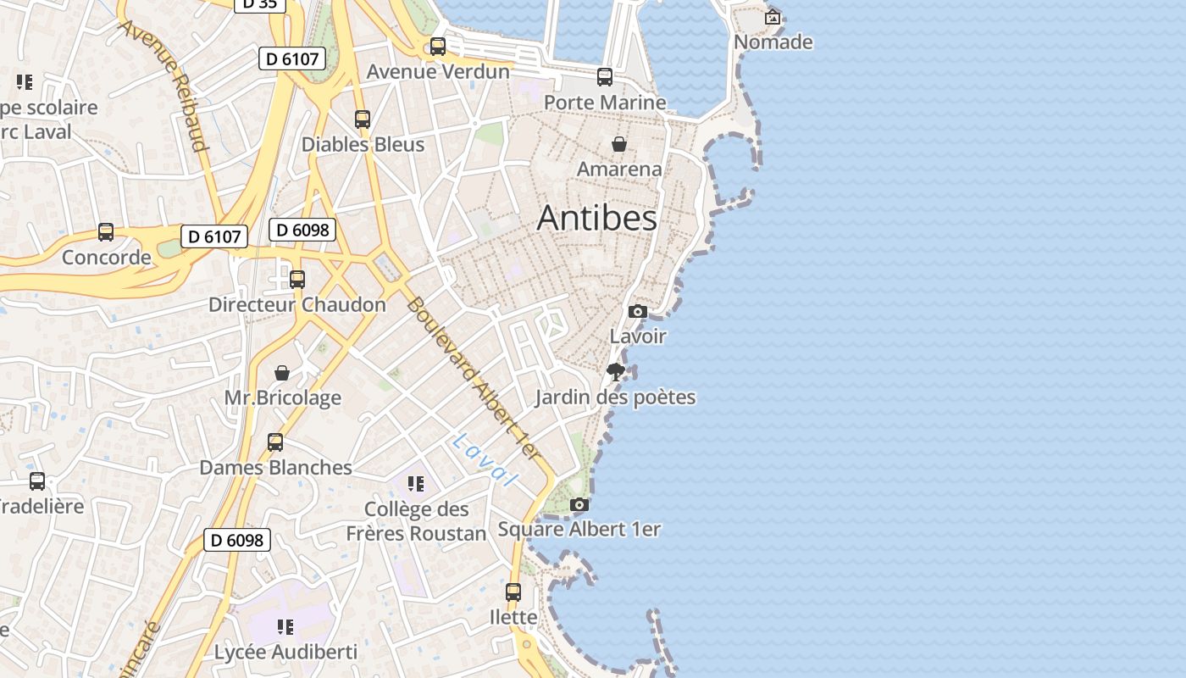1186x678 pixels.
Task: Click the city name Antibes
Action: [x=597, y=218]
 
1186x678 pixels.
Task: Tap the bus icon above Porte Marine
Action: [x=605, y=77]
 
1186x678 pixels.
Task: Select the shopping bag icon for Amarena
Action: [x=619, y=144]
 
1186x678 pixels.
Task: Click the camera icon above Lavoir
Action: [x=638, y=312]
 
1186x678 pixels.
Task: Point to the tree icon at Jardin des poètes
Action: [x=616, y=372]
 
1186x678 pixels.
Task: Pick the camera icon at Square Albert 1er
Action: [x=579, y=505]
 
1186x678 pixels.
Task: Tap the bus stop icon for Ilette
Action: [x=513, y=592]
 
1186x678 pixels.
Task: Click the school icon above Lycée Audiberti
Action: [x=285, y=627]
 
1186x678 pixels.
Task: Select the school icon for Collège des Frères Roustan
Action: [x=415, y=484]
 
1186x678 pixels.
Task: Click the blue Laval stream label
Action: [x=484, y=460]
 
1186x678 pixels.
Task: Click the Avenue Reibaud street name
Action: [x=164, y=85]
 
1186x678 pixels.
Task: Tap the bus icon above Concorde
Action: [x=106, y=232]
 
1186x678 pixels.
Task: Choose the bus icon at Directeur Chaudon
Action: [x=297, y=280]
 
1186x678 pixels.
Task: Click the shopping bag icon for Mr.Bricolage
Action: [x=282, y=373]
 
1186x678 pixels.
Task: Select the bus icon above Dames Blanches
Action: [x=275, y=442]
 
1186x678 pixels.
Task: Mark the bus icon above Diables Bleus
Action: [x=363, y=119]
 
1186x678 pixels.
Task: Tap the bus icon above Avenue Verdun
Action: [x=438, y=47]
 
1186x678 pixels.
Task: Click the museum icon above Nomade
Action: [x=773, y=17]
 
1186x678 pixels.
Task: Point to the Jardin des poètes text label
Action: [x=616, y=397]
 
